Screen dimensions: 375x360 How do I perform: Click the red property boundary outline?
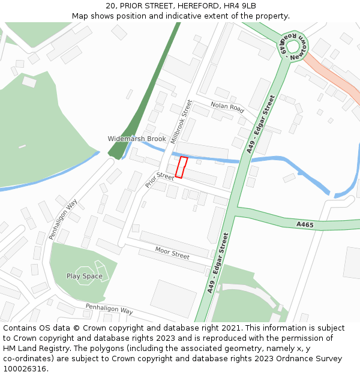pyautogui.click(x=181, y=167)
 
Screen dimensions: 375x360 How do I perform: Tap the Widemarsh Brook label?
pyautogui.click(x=137, y=139)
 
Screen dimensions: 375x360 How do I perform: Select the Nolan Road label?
pyautogui.click(x=227, y=107)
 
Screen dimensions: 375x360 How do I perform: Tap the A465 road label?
pyautogui.click(x=305, y=224)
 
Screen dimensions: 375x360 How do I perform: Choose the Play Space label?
pyautogui.click(x=84, y=277)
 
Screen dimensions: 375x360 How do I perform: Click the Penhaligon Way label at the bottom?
pyautogui.click(x=109, y=310)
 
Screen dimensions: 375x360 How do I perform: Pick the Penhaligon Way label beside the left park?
pyautogui.click(x=64, y=220)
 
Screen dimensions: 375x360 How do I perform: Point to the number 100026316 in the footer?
pyautogui.click(x=23, y=369)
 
